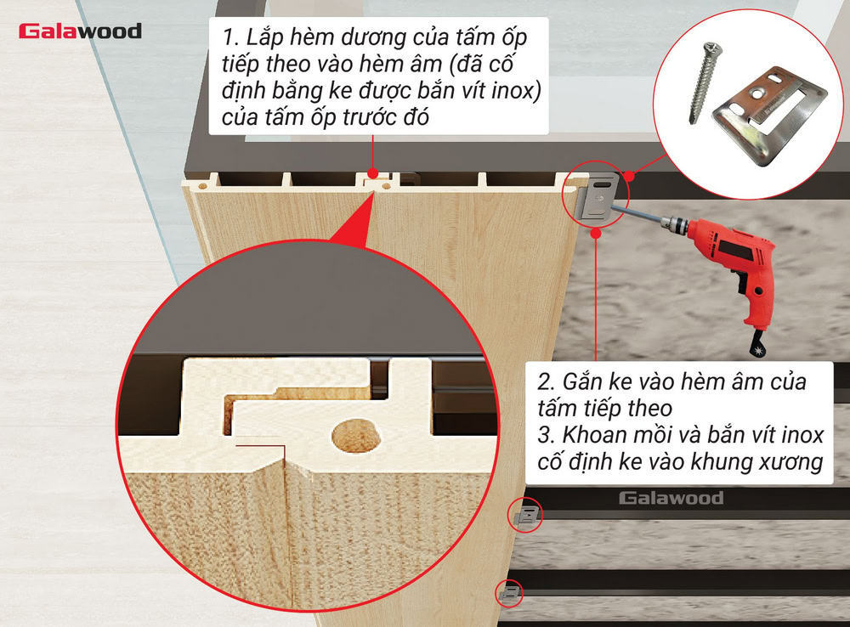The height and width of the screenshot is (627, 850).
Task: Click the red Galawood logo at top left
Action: (80, 31)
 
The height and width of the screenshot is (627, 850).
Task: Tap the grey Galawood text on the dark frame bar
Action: (671, 498)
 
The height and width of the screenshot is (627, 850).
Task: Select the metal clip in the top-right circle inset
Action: (769, 110)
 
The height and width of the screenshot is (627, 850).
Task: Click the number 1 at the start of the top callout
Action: (228, 39)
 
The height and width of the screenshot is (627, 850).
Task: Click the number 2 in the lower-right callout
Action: (545, 381)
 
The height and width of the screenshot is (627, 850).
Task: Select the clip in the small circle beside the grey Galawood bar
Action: (525, 515)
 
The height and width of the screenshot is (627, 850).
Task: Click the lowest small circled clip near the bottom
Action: (509, 593)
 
